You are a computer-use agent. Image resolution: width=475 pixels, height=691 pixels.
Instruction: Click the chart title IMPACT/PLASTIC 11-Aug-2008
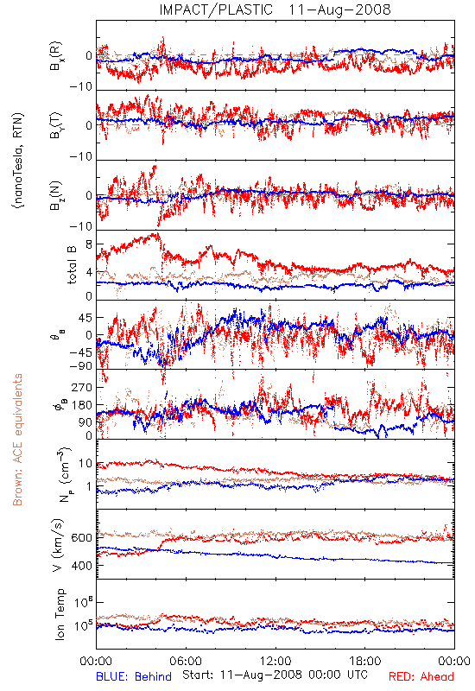click(275, 10)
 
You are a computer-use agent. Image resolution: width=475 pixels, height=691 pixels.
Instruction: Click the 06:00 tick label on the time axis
click(186, 661)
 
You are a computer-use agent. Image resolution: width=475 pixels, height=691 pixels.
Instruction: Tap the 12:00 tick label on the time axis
click(275, 661)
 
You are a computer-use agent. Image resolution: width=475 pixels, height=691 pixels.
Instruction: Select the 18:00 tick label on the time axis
click(365, 661)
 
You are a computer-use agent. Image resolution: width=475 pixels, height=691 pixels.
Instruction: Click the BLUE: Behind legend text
click(134, 676)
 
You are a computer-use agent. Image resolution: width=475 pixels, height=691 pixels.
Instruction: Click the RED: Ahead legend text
click(421, 676)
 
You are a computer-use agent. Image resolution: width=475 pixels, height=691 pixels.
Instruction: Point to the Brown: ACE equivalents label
click(17, 440)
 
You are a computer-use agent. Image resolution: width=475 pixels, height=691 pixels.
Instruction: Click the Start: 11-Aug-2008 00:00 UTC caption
click(275, 675)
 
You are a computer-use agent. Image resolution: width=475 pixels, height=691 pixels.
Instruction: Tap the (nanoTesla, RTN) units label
click(18, 161)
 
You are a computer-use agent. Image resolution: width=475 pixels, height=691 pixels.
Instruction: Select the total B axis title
click(72, 265)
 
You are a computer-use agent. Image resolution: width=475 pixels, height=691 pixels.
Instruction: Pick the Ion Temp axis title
click(60, 614)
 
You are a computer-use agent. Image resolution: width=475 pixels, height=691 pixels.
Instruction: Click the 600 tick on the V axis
click(81, 538)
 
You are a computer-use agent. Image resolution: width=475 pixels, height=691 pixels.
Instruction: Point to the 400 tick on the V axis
click(81, 566)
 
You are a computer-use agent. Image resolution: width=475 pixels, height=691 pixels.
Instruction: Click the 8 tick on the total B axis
click(89, 244)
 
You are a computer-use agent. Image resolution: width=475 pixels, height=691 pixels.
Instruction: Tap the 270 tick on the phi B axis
click(82, 387)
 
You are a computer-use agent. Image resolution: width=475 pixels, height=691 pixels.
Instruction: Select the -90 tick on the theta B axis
click(81, 366)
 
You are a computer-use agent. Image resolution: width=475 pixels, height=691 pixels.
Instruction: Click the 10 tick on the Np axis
click(85, 464)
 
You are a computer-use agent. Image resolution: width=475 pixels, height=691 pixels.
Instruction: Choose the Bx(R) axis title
click(56, 56)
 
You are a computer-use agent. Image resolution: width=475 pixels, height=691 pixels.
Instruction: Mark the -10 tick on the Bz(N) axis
click(81, 226)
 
